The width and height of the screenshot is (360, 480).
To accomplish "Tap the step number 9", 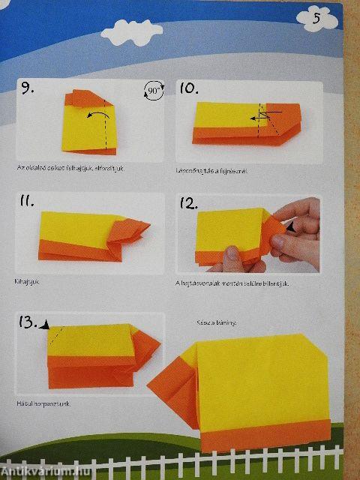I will click(27, 89).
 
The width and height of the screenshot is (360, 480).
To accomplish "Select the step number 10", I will click(189, 88).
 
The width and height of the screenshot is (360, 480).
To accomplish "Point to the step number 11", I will click(27, 201).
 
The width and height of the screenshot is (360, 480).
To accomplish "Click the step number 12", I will click(189, 202).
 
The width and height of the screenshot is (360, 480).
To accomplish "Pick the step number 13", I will click(28, 322).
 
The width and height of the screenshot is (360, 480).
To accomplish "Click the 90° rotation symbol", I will click(153, 93).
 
